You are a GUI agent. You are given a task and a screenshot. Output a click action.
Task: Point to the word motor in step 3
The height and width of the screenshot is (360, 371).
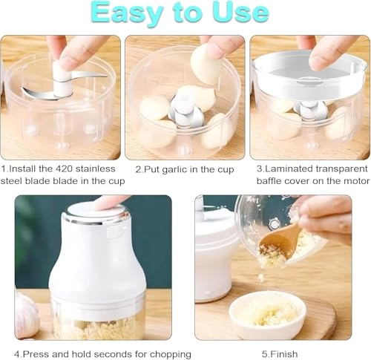351,180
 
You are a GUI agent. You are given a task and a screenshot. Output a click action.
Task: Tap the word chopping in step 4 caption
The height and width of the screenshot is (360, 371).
170,353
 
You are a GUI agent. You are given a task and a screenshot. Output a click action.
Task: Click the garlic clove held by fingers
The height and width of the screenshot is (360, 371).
206,65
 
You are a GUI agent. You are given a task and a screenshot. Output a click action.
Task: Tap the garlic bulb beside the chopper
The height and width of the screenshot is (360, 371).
25,312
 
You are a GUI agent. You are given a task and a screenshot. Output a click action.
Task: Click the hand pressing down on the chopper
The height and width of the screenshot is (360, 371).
111,201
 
